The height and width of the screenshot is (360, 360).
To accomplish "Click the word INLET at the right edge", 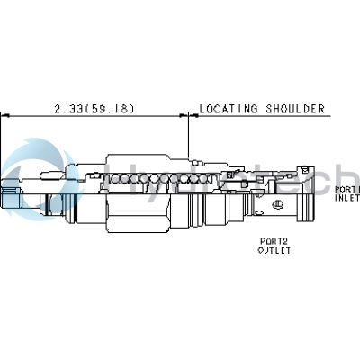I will (x=347, y=199).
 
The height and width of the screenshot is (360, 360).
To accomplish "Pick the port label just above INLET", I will (x=347, y=190).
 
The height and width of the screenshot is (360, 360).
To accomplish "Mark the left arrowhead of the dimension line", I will (x=4, y=116).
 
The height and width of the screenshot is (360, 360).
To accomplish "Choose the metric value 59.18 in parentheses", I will (x=115, y=109).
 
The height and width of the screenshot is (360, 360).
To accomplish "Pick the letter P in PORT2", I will (x=262, y=242).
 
